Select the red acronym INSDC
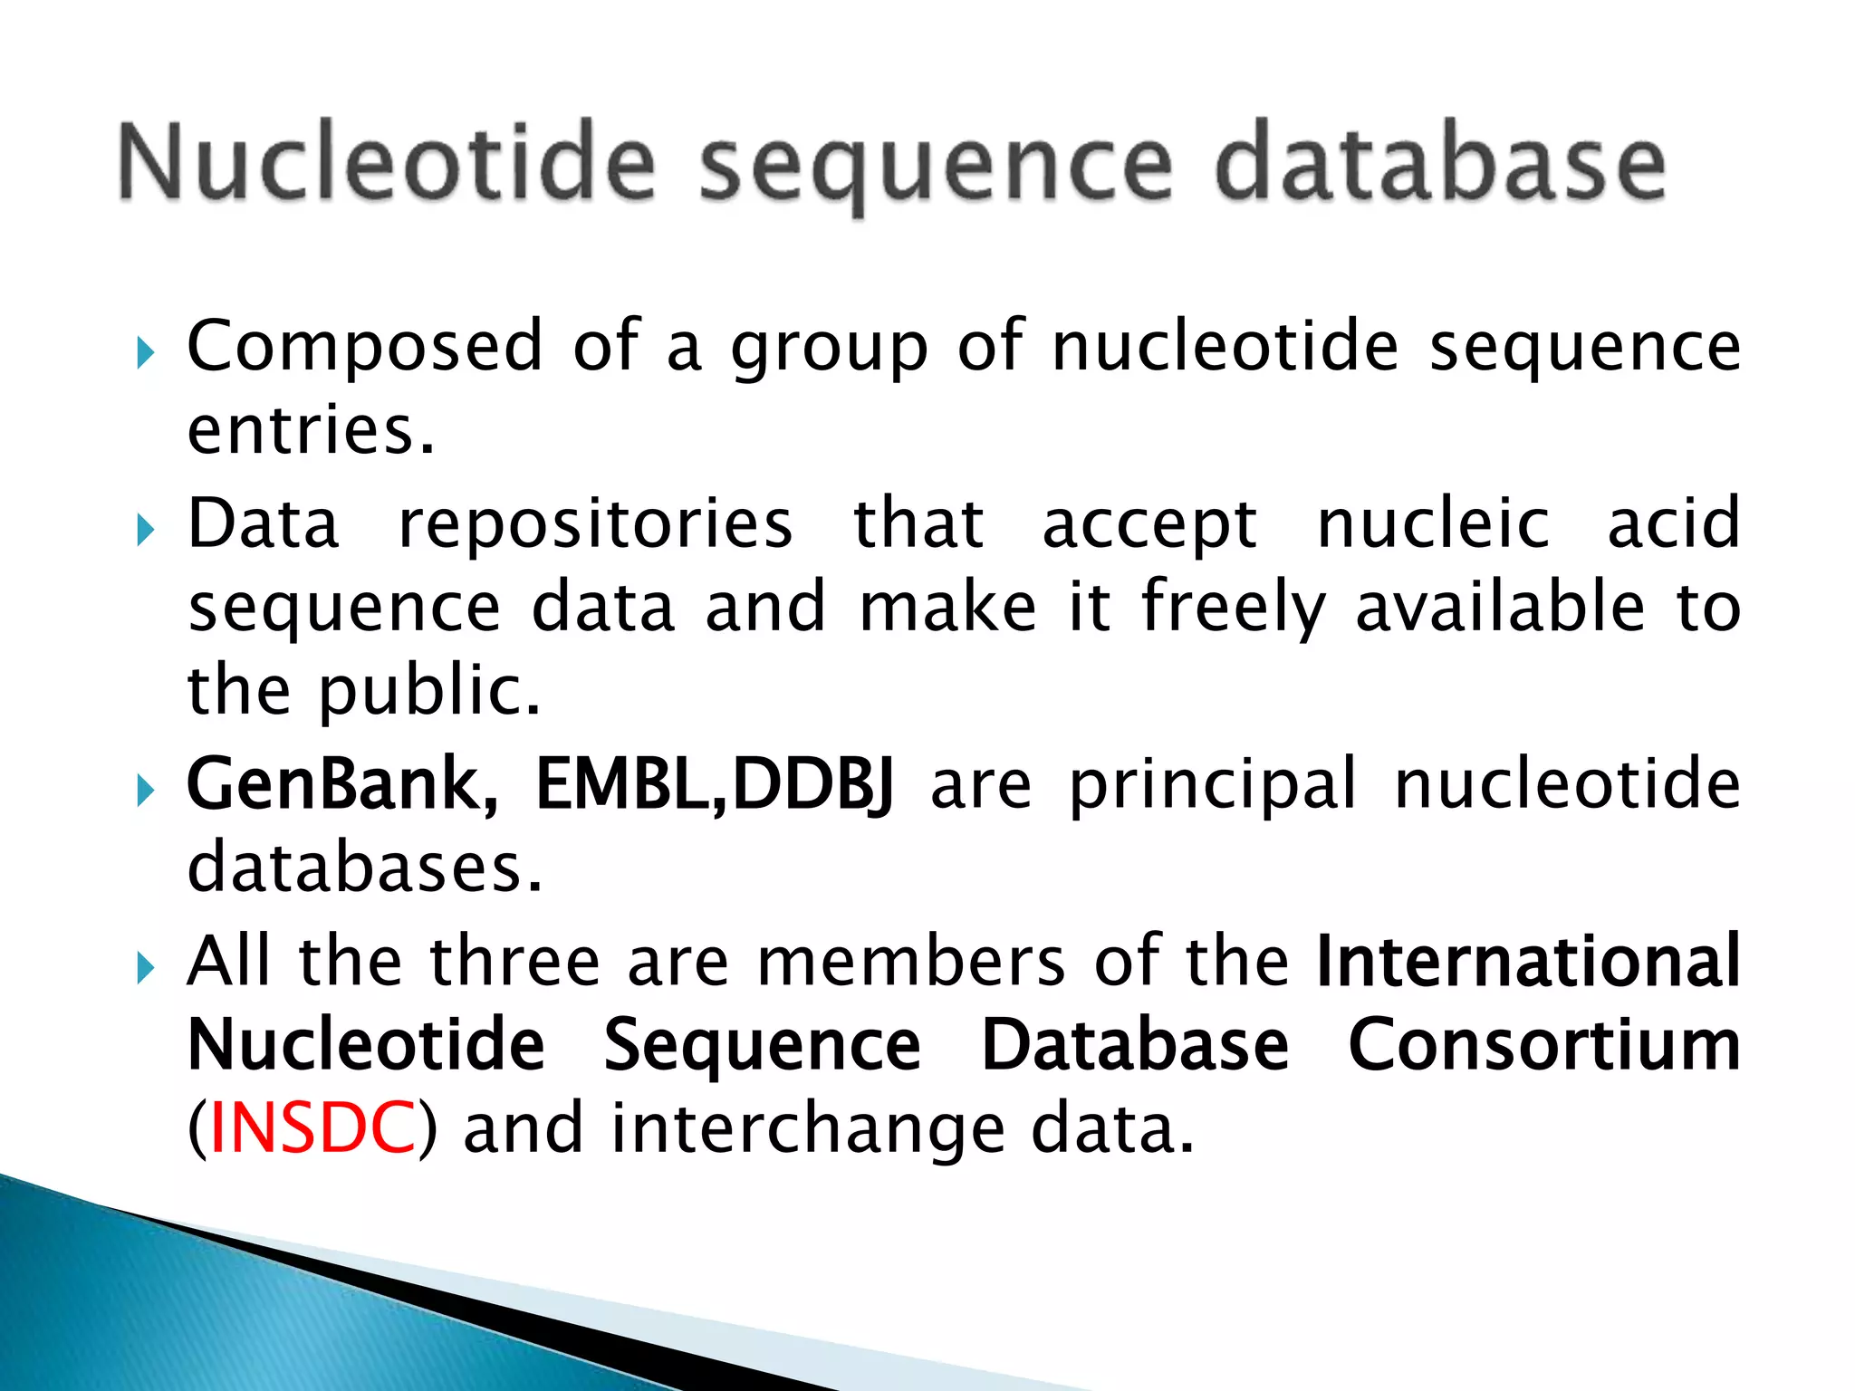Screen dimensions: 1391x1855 coord(312,1127)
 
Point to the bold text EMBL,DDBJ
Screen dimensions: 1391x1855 coord(715,784)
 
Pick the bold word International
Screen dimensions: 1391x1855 coord(1528,961)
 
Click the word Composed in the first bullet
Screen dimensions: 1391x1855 coord(364,347)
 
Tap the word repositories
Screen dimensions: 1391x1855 coord(595,523)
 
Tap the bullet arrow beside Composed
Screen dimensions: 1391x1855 coord(145,352)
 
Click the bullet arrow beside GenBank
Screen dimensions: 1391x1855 coord(145,791)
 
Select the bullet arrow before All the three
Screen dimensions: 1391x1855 coord(145,968)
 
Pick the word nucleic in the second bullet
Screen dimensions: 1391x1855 coord(1433,523)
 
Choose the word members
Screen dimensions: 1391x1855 coord(911,961)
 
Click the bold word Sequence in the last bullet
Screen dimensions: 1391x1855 coord(762,1046)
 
